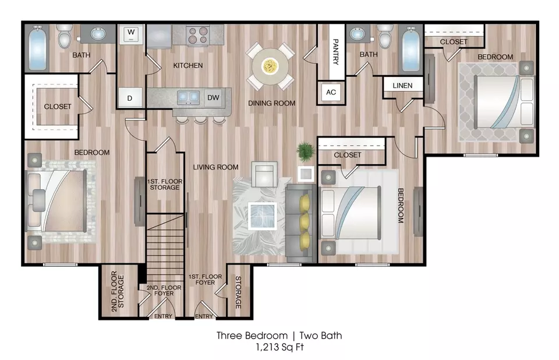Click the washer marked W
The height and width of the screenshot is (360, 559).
(131, 34)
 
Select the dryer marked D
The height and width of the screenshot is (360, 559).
(130, 97)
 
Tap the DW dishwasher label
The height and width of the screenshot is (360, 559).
(213, 97)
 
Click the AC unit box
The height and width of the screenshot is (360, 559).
(331, 93)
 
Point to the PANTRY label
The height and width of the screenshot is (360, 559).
(335, 52)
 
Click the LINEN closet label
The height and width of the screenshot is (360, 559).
(402, 86)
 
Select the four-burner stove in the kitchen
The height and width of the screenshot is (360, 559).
(198, 36)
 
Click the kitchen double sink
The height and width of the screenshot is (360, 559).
(188, 97)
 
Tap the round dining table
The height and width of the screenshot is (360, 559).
(270, 66)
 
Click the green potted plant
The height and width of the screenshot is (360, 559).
(306, 151)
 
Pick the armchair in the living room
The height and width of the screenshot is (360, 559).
(264, 174)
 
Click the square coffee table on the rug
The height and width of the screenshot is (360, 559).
(263, 216)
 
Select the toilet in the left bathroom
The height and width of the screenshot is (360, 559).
(65, 36)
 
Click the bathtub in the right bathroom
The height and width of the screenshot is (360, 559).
(411, 48)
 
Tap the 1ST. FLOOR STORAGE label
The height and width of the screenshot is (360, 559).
(165, 184)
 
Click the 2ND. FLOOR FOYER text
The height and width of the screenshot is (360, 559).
(164, 291)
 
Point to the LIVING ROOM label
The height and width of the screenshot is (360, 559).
(215, 167)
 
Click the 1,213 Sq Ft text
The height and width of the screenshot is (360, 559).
(280, 347)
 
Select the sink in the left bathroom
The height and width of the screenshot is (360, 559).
(98, 34)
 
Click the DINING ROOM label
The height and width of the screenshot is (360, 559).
(272, 103)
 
